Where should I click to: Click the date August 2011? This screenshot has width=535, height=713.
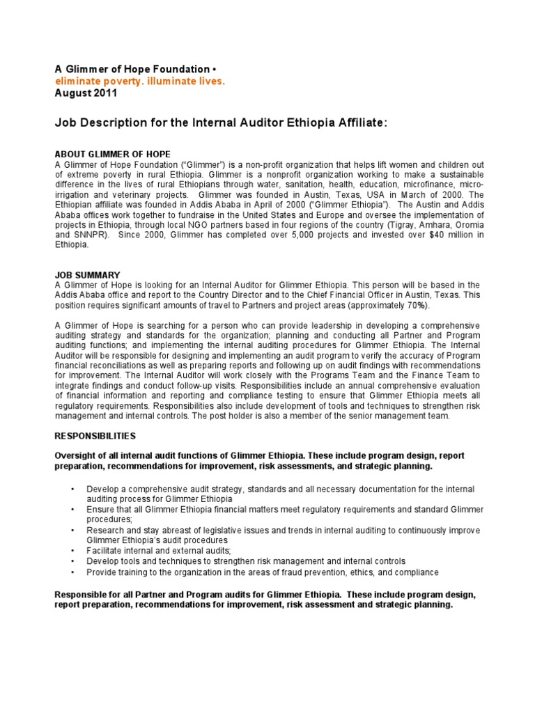86,93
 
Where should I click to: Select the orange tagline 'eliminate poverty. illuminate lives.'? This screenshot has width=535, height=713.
140,81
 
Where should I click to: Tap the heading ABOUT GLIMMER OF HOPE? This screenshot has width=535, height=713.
112,154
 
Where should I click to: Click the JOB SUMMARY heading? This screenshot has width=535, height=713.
87,276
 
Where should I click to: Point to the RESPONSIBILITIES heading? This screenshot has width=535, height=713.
95,435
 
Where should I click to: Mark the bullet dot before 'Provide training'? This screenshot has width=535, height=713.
72,572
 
